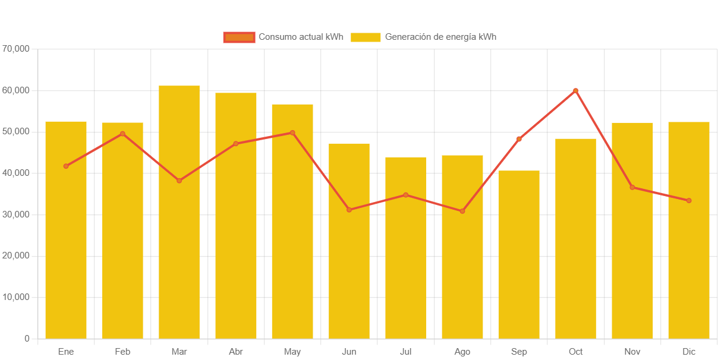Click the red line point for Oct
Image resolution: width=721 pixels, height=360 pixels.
tap(575, 91)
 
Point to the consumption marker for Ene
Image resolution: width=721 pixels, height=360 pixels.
tap(66, 166)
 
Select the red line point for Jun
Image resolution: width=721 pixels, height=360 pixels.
tap(349, 210)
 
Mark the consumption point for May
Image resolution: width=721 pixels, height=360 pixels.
tap(292, 132)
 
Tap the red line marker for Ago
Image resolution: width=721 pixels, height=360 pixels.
tap(462, 211)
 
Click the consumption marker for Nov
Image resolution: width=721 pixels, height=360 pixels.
tap(632, 187)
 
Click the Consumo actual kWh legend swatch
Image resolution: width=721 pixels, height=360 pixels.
tap(239, 37)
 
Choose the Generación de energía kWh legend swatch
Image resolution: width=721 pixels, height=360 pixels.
tap(365, 37)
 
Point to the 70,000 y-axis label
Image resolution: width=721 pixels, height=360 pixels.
tap(16, 48)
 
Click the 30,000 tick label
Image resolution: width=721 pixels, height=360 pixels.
tap(16, 214)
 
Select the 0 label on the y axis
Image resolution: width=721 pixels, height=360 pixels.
tap(27, 339)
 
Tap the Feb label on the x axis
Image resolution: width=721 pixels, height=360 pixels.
tap(122, 352)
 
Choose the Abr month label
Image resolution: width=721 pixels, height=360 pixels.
tap(236, 352)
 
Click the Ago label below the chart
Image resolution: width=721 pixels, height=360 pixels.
tap(462, 352)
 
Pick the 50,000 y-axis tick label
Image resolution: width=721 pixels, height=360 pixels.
tap(16, 131)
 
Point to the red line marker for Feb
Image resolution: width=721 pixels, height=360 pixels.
tap(122, 134)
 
